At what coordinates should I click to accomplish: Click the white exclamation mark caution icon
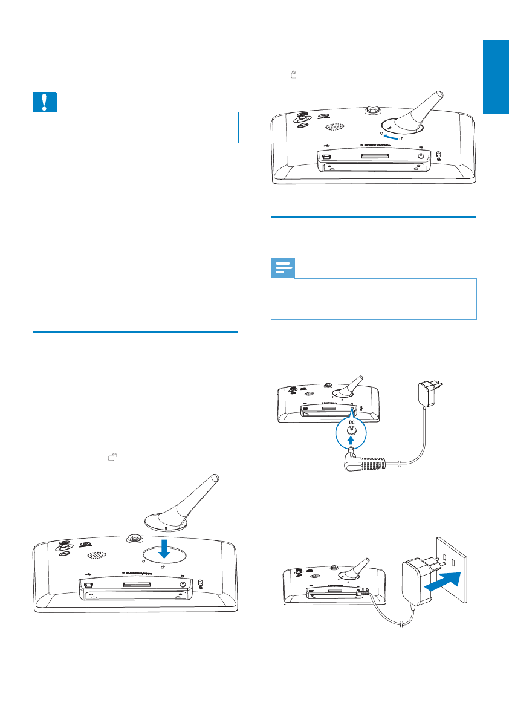[45, 102]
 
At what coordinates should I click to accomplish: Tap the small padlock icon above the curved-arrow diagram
[293, 75]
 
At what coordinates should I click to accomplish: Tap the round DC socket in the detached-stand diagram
[183, 584]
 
